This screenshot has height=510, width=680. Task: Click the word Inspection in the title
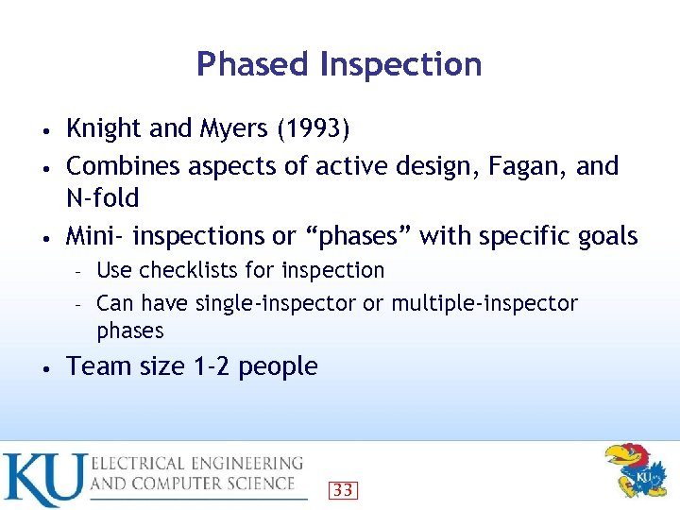coord(400,64)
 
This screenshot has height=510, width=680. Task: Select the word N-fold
coord(102,198)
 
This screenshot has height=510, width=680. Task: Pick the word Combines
coord(123,166)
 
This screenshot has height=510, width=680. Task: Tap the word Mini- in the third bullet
coord(96,235)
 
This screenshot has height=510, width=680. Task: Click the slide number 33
coord(343,489)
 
